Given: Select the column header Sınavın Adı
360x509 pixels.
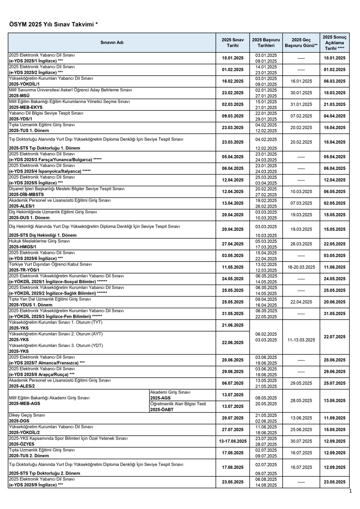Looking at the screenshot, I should pyautogui.click(x=112, y=43).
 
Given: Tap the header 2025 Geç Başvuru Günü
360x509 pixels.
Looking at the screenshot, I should pyautogui.click(x=301, y=43).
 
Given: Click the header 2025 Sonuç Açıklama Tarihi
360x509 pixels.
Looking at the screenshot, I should pyautogui.click(x=335, y=42).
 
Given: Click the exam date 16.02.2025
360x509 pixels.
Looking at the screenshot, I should pyautogui.click(x=233, y=81).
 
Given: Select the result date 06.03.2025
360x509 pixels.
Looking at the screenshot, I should pyautogui.click(x=335, y=81).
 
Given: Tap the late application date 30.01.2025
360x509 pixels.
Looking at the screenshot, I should pyautogui.click(x=301, y=93).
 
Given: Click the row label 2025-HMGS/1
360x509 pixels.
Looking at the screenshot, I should pyautogui.click(x=23, y=247).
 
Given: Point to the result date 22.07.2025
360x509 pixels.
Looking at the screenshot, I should pyautogui.click(x=335, y=337).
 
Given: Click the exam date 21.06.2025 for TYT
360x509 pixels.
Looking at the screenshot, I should pyautogui.click(x=233, y=325).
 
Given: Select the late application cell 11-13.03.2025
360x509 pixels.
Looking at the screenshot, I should pyautogui.click(x=301, y=337).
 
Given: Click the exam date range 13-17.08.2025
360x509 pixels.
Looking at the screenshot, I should pyautogui.click(x=233, y=441).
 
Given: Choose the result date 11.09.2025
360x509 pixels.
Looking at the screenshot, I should pyautogui.click(x=335, y=418).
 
